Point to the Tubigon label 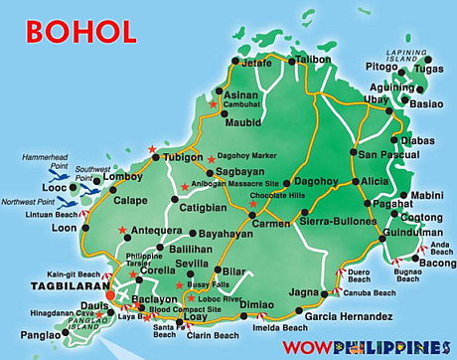(182, 157)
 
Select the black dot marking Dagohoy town (286, 183)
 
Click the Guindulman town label (416, 232)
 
